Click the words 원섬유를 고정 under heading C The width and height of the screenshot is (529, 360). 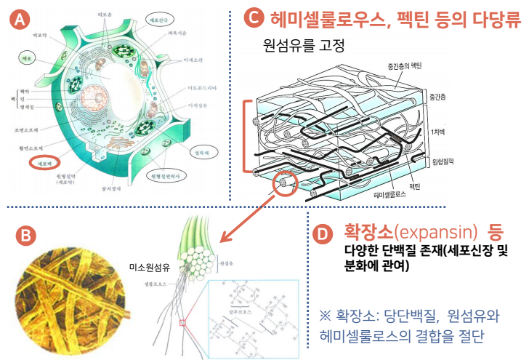click(x=304, y=46)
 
